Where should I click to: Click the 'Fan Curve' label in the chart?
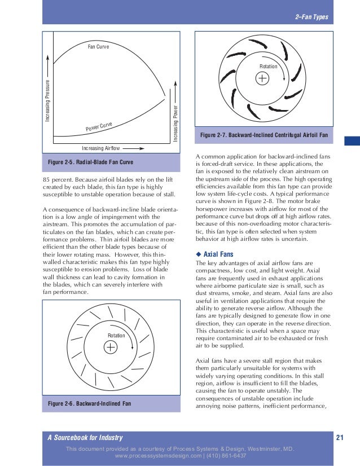pos(98,46)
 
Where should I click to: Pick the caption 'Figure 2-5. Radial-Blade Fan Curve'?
pos(91,162)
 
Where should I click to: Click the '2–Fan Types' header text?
pos(311,17)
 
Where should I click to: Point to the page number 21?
pos(340,438)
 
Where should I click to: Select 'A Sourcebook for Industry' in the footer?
pos(85,438)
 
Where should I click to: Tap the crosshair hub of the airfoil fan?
pos(263,79)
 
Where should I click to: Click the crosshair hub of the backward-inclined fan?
pos(111,348)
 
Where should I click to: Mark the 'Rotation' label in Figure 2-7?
pos(269,67)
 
